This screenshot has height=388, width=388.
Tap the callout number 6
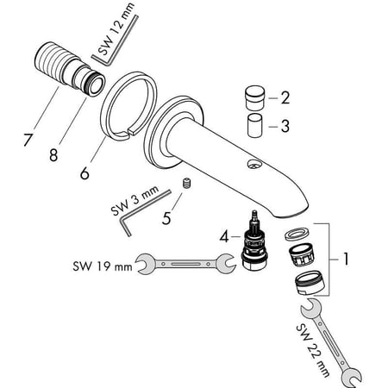pyautogui.click(x=84, y=172)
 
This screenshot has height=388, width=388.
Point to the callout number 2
pyautogui.click(x=285, y=97)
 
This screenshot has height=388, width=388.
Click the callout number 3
pyautogui.click(x=285, y=126)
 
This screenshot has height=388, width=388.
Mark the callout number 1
pyautogui.click(x=346, y=257)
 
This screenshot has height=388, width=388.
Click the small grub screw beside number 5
pyautogui.click(x=187, y=184)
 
